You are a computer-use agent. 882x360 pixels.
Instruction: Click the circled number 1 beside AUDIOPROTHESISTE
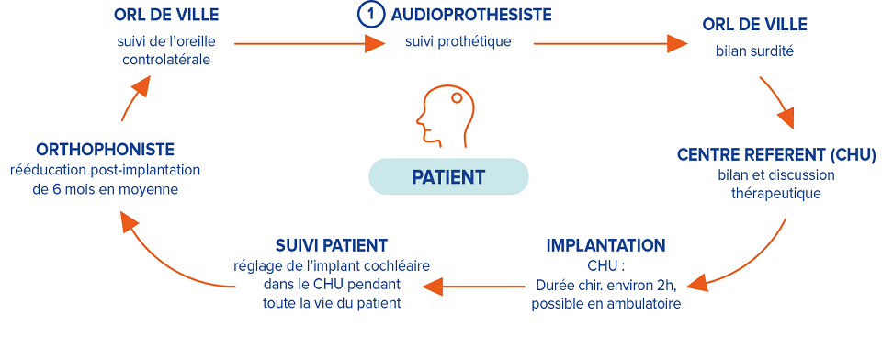[368, 16]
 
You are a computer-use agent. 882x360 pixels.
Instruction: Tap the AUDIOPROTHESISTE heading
[471, 16]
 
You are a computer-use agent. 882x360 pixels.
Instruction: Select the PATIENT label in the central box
[448, 176]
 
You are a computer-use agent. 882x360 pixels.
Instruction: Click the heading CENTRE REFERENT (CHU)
[776, 154]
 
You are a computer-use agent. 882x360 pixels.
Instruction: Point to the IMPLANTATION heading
[605, 245]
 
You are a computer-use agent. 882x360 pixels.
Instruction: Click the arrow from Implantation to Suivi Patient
[469, 287]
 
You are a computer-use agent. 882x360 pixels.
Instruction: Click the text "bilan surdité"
[754, 51]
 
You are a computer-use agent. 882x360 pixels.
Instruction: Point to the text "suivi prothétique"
[458, 41]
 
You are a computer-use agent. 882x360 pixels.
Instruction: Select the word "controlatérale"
[165, 60]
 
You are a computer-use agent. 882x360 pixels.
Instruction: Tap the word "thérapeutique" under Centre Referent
[776, 194]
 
